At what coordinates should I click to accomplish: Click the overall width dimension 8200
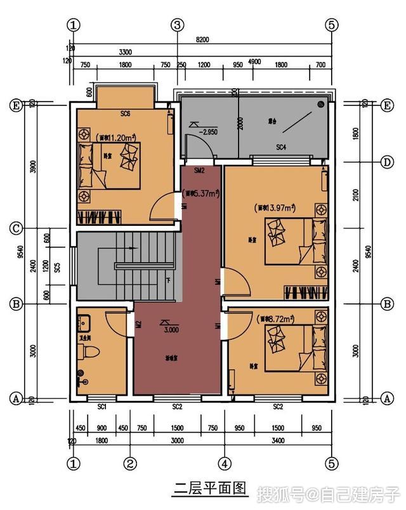pyautogui.click(x=203, y=39)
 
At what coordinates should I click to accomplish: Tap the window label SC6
pyautogui.click(x=125, y=114)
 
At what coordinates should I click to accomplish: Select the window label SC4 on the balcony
pyautogui.click(x=281, y=147)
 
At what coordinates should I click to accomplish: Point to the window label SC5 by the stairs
pyautogui.click(x=57, y=268)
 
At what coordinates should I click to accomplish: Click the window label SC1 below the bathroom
pyautogui.click(x=101, y=406)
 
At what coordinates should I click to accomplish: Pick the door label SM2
pyautogui.click(x=199, y=171)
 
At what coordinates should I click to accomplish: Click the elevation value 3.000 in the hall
pyautogui.click(x=171, y=330)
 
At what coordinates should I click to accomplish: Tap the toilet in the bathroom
pyautogui.click(x=88, y=351)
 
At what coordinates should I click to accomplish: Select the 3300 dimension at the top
pyautogui.click(x=125, y=52)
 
